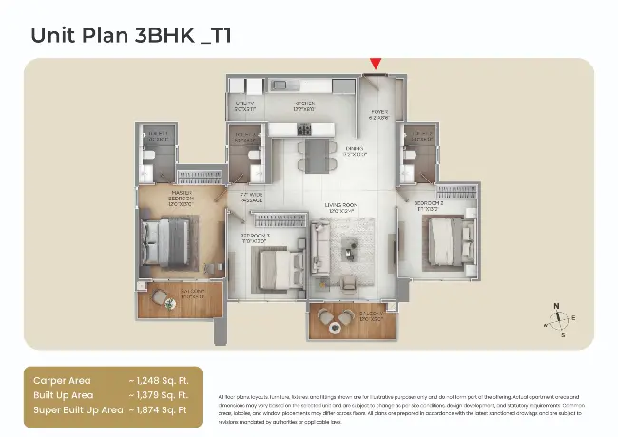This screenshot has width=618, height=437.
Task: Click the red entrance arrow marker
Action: [376, 64]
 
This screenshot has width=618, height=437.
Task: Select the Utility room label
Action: [245, 105]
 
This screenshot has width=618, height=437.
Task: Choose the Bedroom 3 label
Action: [255, 237]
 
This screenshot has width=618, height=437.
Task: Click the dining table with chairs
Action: [317, 154]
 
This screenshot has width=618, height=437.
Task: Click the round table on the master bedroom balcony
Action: [167, 303]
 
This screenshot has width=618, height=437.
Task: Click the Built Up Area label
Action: [64, 394]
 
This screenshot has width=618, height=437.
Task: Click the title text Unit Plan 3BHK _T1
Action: [131, 35]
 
